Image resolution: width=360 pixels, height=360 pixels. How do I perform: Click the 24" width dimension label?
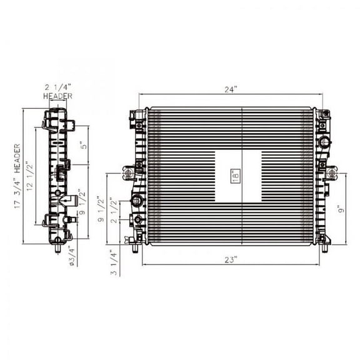[231, 89]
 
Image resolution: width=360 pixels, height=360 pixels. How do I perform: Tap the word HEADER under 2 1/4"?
[57, 97]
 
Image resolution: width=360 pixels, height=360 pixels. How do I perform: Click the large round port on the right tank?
[324, 142]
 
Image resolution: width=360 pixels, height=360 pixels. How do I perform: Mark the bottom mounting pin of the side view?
[57, 247]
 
